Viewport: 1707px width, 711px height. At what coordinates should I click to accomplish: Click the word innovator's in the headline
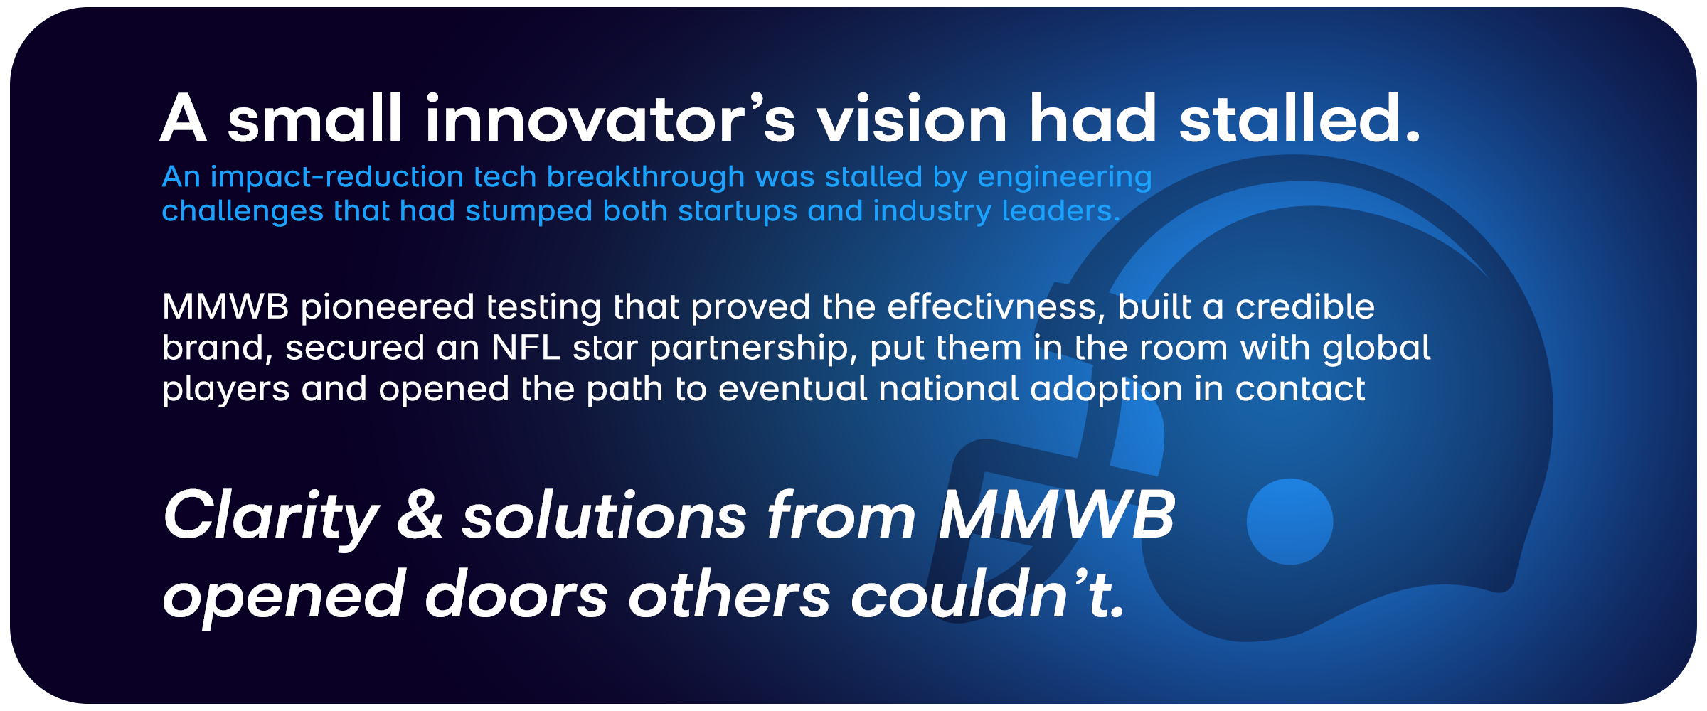[610, 119]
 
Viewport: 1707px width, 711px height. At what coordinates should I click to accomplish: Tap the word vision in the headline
[912, 119]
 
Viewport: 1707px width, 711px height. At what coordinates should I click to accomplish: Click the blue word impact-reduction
[337, 176]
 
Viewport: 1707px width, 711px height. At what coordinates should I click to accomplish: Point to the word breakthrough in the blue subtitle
[646, 176]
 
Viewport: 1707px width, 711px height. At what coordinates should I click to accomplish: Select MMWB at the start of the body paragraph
[225, 307]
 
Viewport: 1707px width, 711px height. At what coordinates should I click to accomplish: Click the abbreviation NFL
[526, 348]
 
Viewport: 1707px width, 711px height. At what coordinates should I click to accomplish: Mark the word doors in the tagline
[516, 594]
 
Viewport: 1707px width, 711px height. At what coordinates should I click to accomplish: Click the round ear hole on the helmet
[1289, 521]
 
